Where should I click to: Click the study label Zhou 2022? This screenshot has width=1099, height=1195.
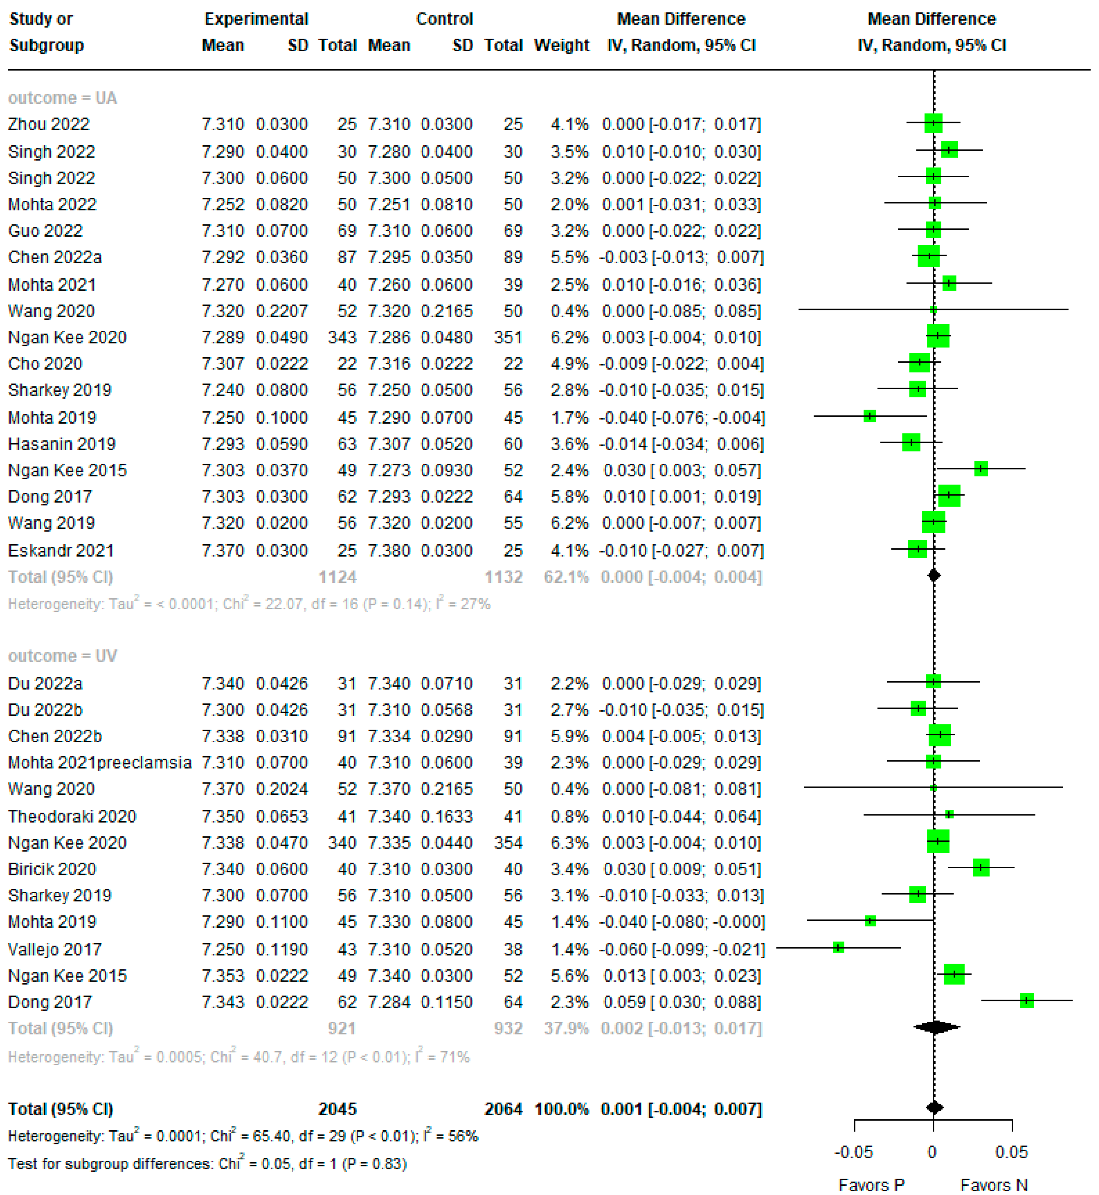tap(49, 124)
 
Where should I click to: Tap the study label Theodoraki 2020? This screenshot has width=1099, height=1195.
tap(72, 816)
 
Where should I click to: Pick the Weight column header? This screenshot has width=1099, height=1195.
tap(562, 45)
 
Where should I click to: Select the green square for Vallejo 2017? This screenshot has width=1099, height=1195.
tap(838, 947)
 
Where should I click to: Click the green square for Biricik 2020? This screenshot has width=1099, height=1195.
tap(981, 868)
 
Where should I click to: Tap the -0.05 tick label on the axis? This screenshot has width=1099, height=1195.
tap(853, 1152)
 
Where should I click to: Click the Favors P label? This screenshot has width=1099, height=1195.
tap(871, 1185)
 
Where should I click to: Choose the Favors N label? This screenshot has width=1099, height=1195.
tap(994, 1185)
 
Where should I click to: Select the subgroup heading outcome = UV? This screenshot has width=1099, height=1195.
tap(62, 656)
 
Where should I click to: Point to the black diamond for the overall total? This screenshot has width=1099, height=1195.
tap(934, 1108)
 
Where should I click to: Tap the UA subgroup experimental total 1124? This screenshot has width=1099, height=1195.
tap(337, 577)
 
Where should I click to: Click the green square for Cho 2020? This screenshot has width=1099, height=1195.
tap(919, 362)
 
